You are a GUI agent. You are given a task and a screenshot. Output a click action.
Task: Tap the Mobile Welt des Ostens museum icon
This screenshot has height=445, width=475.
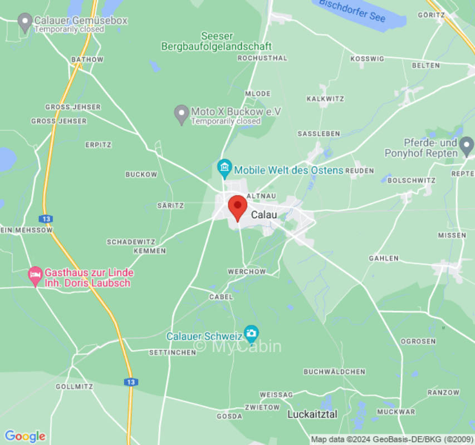[x=224, y=166]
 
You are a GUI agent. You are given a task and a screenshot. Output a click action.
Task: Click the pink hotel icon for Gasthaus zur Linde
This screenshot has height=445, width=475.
[x=35, y=274]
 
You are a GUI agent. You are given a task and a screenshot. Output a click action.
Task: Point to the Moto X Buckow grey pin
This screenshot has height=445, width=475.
[x=181, y=114]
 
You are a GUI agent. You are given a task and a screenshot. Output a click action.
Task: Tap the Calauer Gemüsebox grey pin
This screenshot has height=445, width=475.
[x=25, y=22]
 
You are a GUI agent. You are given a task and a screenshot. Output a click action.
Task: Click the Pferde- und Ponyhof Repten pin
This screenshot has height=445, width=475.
[x=467, y=146]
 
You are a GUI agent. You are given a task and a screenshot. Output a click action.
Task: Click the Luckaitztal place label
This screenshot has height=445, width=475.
[x=312, y=414]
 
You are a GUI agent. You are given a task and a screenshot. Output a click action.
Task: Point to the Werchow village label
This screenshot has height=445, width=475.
[x=247, y=271]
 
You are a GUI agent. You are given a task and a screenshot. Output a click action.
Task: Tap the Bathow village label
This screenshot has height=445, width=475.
[x=87, y=60]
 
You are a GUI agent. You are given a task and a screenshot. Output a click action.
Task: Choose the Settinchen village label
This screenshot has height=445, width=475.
[x=172, y=352]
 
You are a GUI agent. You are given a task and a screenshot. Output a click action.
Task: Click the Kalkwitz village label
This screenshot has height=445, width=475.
[x=325, y=98]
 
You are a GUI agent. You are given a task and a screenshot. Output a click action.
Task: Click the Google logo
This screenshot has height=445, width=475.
[x=25, y=436]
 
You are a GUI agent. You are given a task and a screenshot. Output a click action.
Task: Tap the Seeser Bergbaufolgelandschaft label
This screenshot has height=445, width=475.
[x=217, y=41]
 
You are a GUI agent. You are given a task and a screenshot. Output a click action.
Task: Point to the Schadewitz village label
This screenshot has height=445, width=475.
[x=131, y=242]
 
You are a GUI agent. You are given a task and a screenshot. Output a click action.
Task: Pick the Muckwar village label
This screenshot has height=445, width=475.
[x=396, y=412]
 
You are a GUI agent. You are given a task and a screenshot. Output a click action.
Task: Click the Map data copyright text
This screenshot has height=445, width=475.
[x=392, y=439]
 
